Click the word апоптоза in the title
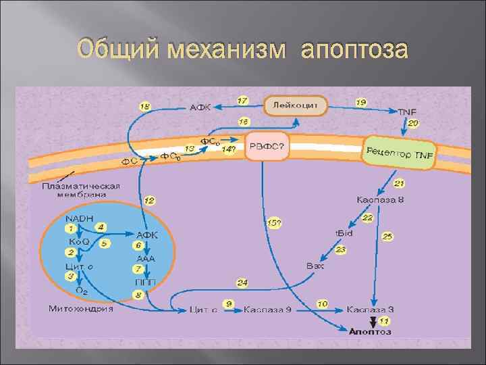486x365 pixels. (354, 51)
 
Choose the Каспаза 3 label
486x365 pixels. (370, 309)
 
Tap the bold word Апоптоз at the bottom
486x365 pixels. (369, 331)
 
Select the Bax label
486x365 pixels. (315, 266)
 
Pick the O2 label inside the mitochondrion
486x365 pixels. (81, 291)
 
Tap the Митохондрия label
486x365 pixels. (81, 309)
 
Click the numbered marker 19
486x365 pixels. (362, 102)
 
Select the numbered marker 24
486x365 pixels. (242, 282)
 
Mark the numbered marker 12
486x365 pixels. (149, 201)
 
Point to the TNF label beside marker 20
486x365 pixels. (407, 112)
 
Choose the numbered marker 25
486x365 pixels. (387, 237)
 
